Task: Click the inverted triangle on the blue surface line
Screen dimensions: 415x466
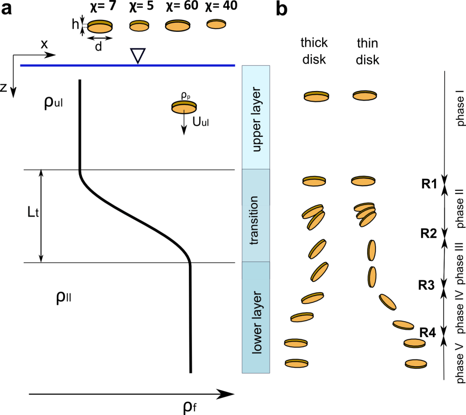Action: click(137, 55)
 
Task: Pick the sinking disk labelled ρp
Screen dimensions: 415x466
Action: click(184, 107)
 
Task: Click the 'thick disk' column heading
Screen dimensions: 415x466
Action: click(314, 51)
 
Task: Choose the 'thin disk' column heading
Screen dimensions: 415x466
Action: click(367, 51)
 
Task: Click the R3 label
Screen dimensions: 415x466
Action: click(427, 285)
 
